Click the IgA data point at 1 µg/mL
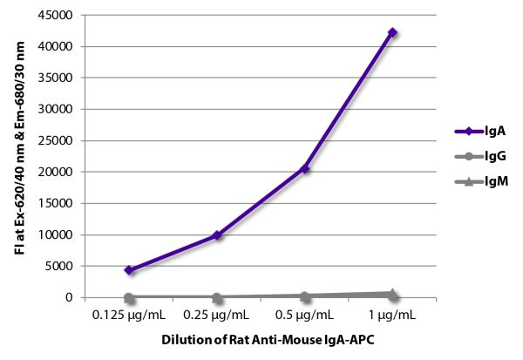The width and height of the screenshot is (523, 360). [x=392, y=32]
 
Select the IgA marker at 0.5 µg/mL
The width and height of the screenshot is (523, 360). [x=304, y=168]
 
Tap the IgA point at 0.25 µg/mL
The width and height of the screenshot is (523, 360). [x=216, y=235]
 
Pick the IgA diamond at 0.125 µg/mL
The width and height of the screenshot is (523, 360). [x=128, y=270]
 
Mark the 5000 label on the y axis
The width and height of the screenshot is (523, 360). [x=62, y=266]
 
